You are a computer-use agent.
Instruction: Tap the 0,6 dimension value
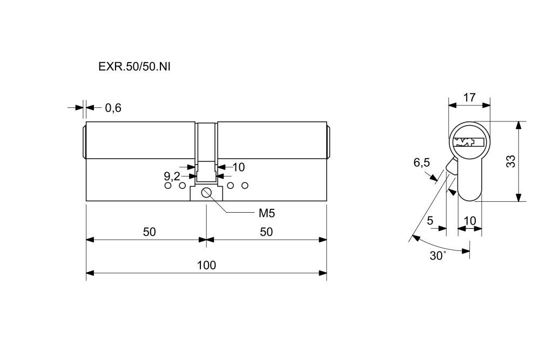(113, 108)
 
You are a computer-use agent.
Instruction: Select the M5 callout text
(267, 213)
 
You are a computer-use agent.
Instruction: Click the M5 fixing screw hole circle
(206, 193)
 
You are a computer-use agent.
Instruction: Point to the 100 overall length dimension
(206, 265)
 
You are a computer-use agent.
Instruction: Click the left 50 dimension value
(149, 232)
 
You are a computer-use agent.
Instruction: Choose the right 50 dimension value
(266, 232)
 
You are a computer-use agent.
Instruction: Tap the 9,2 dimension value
(172, 176)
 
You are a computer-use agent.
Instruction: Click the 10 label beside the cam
(238, 167)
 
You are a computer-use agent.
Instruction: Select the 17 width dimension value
(469, 98)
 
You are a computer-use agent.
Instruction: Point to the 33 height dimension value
(510, 161)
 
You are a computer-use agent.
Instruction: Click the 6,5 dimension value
(422, 162)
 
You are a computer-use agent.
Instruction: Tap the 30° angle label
(437, 256)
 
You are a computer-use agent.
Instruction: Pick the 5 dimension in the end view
(430, 220)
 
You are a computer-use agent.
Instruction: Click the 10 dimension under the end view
(470, 220)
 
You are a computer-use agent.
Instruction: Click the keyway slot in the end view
(468, 142)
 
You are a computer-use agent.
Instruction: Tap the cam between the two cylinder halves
(206, 154)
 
